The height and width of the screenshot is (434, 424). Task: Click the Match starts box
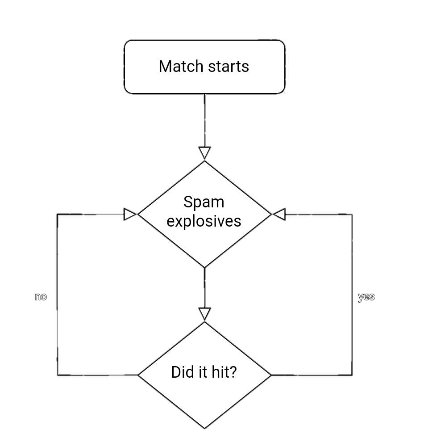pos(204,67)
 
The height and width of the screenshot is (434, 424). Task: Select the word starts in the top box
pos(229,67)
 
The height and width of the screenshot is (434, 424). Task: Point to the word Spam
pos(204,202)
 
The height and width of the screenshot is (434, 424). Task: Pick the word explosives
pos(204,221)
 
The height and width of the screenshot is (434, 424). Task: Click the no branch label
pos(41,297)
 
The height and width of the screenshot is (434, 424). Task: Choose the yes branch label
pos(366,297)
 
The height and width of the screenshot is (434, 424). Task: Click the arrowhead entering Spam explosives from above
pos(204,153)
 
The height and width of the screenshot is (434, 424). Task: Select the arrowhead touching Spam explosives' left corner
pos(130,215)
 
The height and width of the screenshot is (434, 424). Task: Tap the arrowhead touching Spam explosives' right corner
pos(279,215)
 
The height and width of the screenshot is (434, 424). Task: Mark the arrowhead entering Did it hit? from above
pos(204,314)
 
